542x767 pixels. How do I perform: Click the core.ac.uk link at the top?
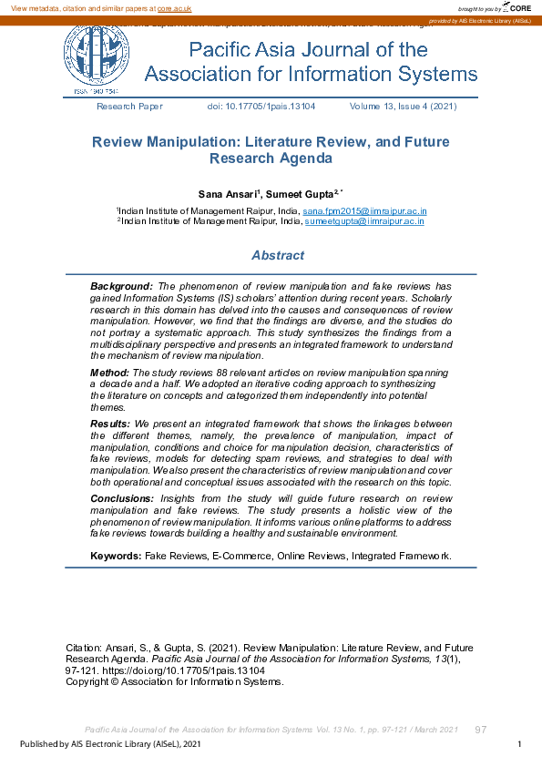174,7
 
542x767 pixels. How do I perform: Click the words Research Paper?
129,107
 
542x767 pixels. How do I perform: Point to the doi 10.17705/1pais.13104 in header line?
261,107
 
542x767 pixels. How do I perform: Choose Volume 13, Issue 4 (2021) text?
403,107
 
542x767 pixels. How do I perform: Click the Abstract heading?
278,256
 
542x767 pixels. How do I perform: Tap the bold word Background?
121,286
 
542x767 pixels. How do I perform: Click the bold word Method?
109,373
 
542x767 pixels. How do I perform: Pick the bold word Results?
111,424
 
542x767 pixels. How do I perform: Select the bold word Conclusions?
122,499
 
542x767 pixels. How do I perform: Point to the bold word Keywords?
117,555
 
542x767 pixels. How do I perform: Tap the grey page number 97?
482,730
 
